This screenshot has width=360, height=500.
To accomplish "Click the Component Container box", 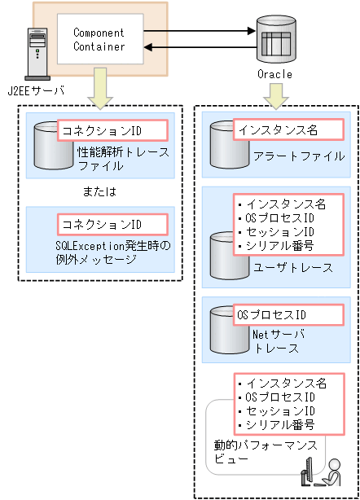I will tap(99, 40).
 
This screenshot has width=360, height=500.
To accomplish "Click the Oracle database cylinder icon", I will tap(274, 41).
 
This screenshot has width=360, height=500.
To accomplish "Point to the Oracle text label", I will tap(274, 74).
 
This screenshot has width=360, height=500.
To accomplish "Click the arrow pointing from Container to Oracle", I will tap(196, 32).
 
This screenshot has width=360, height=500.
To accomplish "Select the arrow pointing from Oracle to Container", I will tap(196, 49).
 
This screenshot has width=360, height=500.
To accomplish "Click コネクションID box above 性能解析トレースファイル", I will tap(112, 129).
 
